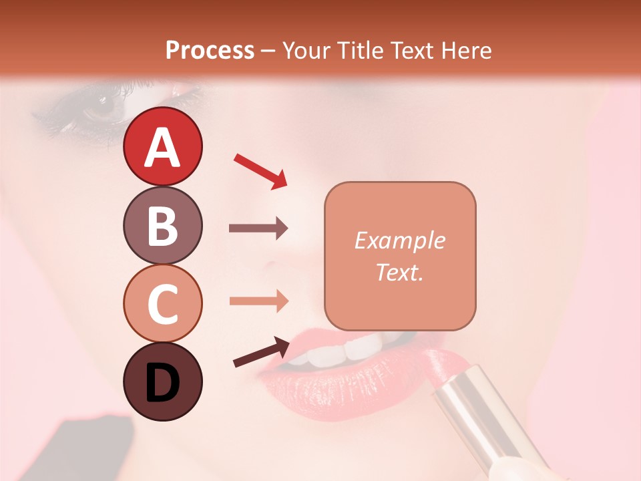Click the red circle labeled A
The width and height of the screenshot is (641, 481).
pos(162,146)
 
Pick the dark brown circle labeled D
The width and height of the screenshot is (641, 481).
pos(162,381)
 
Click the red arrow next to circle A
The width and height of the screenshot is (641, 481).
pos(260,171)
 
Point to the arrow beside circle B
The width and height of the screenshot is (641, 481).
pos(258,228)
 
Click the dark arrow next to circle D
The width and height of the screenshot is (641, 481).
pos(262,352)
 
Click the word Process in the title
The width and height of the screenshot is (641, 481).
pos(210,50)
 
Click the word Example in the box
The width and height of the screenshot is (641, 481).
pos(399,240)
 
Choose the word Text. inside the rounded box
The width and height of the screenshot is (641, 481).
pos(399,272)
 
